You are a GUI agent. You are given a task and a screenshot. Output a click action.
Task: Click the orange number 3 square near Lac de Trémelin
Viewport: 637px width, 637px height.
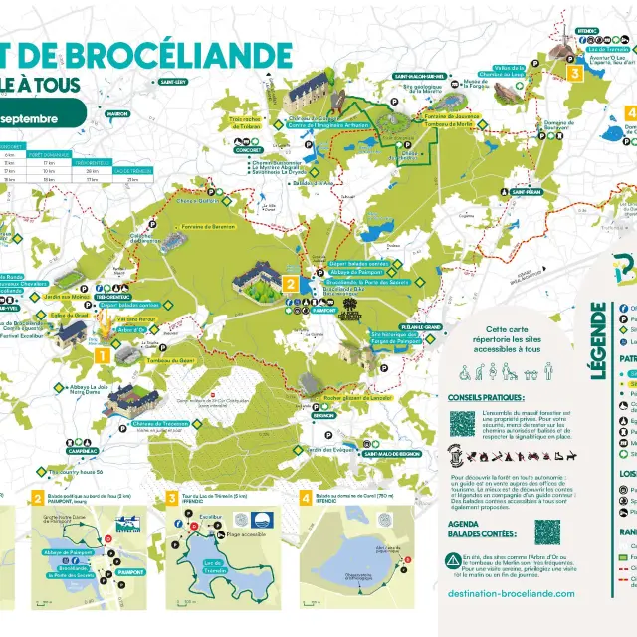573,72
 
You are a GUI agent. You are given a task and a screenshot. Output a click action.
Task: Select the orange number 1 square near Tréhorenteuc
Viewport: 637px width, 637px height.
101,353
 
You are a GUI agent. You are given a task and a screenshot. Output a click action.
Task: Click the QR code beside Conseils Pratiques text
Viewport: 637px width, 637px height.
462,424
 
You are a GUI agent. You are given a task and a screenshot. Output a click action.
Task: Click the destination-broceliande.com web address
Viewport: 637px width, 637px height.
511,592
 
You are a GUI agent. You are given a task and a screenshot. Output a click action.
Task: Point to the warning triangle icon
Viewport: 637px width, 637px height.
453,560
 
